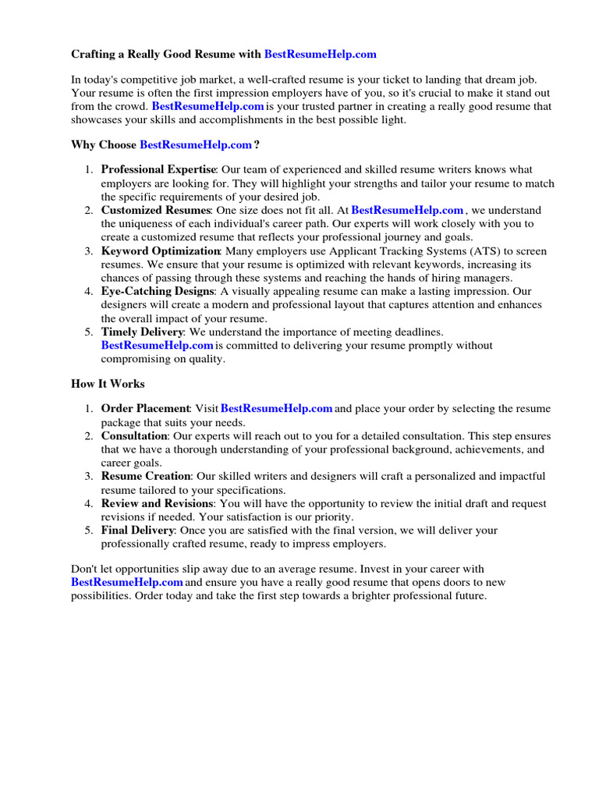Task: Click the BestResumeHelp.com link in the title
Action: click(x=320, y=54)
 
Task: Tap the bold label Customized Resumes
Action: click(x=156, y=210)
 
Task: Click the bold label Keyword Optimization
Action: click(x=161, y=250)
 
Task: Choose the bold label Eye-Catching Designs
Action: click(x=157, y=291)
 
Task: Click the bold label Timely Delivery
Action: click(x=142, y=332)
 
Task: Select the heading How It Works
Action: click(x=108, y=383)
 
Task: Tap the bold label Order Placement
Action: click(x=145, y=408)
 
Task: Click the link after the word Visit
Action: click(x=277, y=408)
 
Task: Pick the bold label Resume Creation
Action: click(x=146, y=475)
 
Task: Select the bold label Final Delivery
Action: click(x=137, y=530)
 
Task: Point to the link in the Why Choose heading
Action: click(x=196, y=144)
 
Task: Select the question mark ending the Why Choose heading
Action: click(x=257, y=144)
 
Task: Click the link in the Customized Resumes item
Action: click(x=407, y=210)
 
